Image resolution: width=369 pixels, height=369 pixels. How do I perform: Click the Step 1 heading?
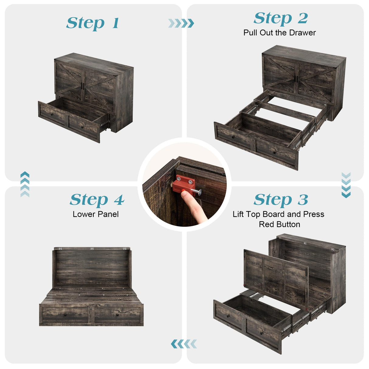[92, 23]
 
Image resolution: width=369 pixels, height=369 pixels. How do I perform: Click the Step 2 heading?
[281, 18]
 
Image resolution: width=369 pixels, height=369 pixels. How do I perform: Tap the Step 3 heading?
[281, 200]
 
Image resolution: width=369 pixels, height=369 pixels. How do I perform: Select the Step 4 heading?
[97, 200]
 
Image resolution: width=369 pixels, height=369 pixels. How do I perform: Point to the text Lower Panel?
[95, 214]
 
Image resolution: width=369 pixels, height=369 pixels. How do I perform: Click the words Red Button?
[279, 224]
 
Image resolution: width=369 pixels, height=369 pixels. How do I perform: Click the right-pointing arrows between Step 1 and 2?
[181, 23]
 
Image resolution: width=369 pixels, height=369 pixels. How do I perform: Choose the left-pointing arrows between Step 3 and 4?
[184, 344]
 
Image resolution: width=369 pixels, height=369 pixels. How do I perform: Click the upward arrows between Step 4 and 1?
[25, 184]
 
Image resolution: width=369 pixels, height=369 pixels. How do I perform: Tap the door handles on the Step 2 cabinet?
[296, 78]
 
